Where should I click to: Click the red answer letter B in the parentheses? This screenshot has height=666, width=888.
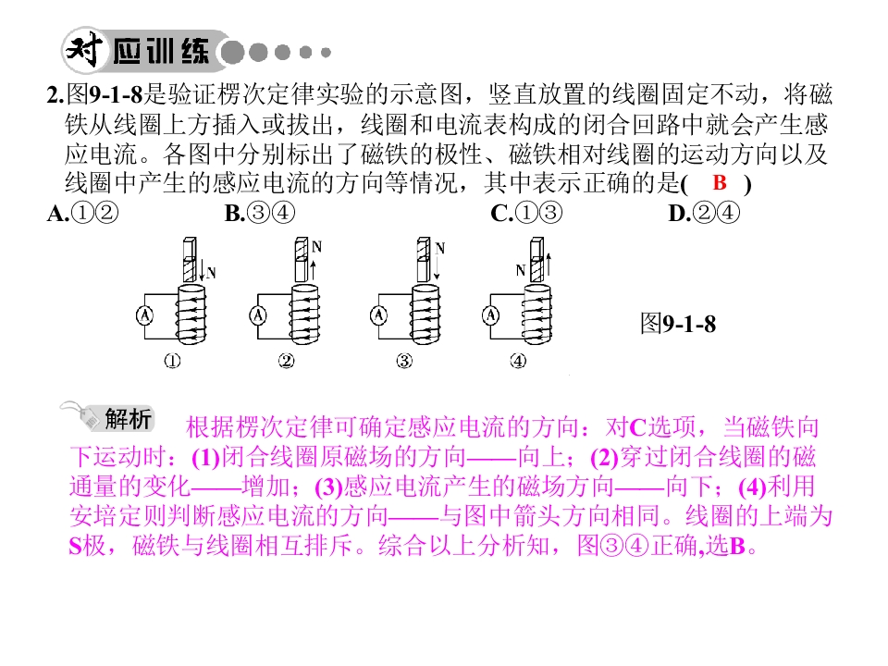(720, 183)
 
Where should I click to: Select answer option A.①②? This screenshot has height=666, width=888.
(83, 213)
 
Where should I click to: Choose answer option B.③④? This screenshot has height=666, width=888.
(260, 213)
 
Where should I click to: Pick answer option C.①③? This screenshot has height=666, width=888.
(526, 213)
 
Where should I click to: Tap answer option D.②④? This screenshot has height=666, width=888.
(704, 213)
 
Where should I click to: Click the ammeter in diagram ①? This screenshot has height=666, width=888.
(145, 315)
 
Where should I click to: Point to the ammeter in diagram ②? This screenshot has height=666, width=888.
(258, 315)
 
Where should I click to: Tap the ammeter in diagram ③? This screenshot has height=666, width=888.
(379, 315)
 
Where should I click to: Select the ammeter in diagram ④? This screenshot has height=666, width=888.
(491, 315)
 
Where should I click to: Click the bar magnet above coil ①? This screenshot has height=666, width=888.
(191, 260)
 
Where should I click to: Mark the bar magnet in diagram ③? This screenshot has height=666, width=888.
(424, 260)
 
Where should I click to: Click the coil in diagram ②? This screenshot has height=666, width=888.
(304, 314)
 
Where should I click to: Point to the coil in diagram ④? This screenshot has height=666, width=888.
(536, 314)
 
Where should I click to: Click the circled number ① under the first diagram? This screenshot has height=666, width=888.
(172, 361)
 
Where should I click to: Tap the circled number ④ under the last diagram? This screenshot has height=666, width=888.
(518, 361)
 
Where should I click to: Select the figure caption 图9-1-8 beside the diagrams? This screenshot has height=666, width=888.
(678, 324)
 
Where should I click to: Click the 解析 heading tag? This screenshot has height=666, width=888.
(128, 419)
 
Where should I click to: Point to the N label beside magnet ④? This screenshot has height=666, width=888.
(521, 271)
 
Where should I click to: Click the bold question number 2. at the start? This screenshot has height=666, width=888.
(55, 95)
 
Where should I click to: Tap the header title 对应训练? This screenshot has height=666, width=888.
(139, 51)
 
